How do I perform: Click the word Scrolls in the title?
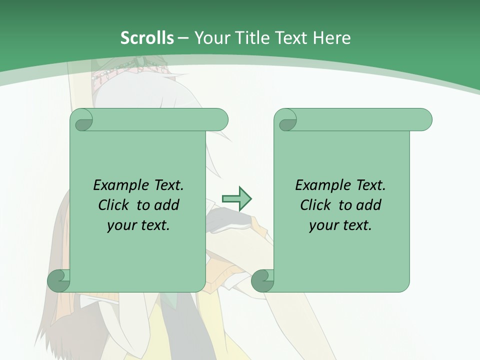147,37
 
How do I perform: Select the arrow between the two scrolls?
237,198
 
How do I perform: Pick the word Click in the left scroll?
114,205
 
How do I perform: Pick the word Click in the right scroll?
316,205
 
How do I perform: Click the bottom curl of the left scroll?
59,281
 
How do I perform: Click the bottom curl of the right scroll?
262,281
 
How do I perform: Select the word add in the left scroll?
167,205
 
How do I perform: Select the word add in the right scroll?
369,205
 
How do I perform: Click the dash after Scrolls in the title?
183,37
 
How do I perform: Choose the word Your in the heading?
212,37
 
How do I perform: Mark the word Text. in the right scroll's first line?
371,185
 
